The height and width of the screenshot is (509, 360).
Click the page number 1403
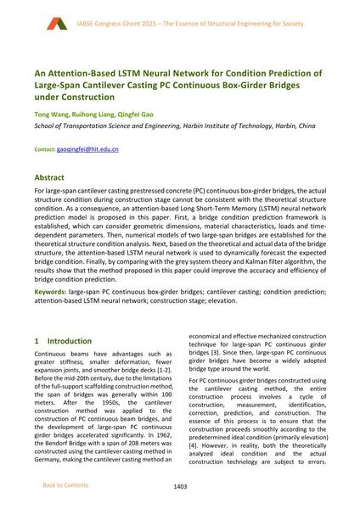pos(180,485)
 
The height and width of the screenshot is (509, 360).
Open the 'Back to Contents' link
pos(65,484)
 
